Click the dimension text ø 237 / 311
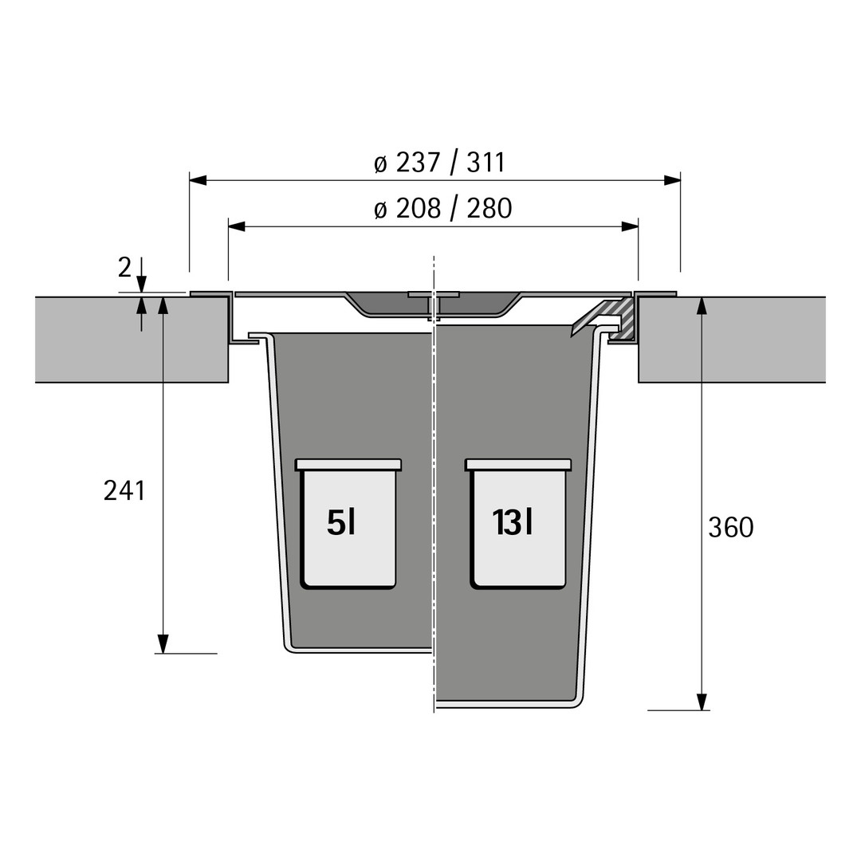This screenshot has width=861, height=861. [439, 163]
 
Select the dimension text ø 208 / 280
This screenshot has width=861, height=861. [442, 209]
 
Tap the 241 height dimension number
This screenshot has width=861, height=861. [124, 490]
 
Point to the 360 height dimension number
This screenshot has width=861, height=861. [731, 528]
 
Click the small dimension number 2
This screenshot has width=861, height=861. [124, 267]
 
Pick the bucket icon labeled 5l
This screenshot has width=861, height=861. [348, 524]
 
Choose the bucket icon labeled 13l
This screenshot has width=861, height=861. [518, 524]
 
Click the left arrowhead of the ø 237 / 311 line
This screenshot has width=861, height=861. [199, 179]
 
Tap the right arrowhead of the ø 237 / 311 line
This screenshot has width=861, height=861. [672, 179]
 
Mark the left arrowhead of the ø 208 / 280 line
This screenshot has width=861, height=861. [237, 226]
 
